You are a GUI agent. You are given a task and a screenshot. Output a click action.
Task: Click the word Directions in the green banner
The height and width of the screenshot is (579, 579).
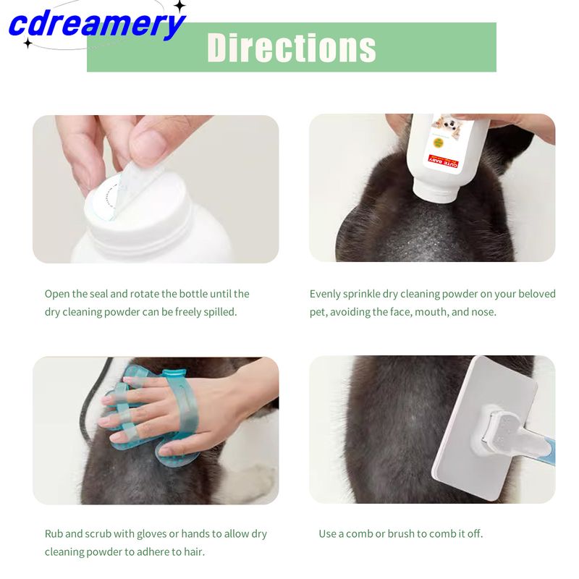[292, 48]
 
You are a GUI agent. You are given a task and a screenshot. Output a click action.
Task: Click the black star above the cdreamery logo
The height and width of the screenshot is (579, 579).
[179, 6]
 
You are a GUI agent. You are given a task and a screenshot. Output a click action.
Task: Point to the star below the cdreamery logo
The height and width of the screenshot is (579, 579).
[28, 43]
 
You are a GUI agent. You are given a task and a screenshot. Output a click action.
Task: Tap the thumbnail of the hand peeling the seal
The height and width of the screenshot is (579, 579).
[156, 189]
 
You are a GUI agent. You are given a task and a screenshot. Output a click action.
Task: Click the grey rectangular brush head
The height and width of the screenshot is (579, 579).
[483, 428]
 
